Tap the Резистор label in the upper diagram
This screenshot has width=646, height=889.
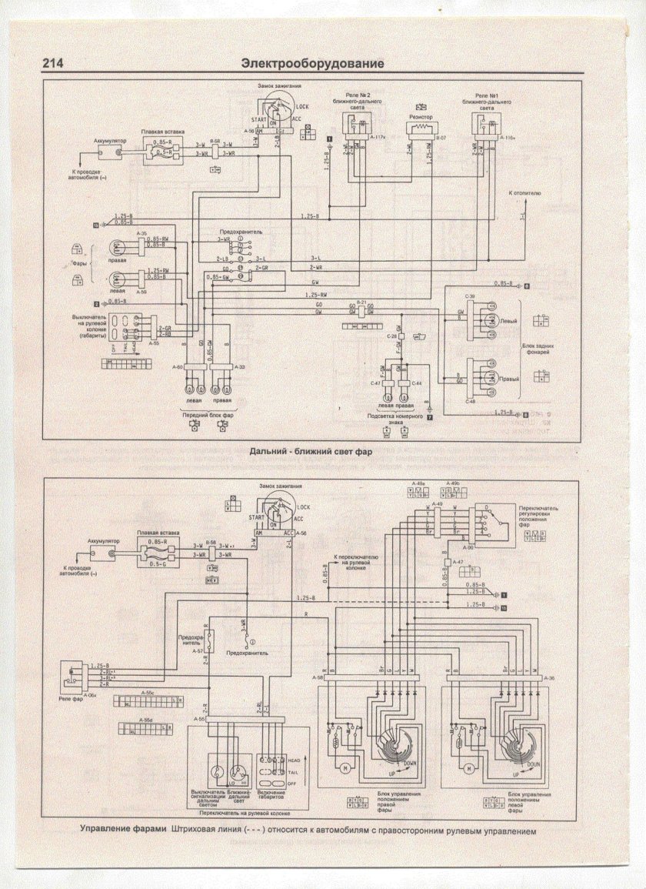point(420,118)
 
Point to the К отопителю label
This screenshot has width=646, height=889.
point(525,192)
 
